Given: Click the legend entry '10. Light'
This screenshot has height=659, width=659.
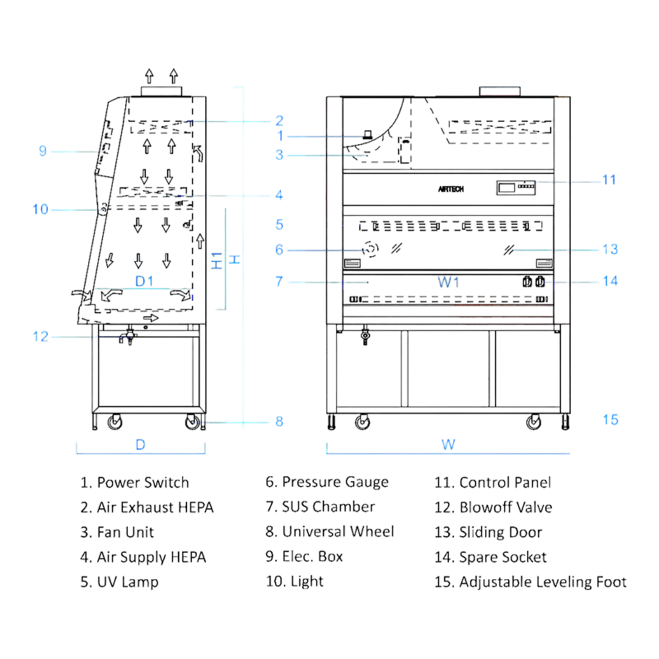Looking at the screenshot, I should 295,582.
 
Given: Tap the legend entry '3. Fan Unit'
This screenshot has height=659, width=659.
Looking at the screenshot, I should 117,533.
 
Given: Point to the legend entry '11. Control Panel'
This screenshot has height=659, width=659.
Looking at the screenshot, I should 492,483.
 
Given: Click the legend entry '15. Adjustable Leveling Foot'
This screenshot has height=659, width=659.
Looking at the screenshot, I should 531,582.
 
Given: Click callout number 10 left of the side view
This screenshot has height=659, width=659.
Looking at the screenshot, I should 40,210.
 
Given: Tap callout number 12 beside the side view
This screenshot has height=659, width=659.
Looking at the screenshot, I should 40,337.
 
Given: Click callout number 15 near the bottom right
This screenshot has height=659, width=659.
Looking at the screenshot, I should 611,421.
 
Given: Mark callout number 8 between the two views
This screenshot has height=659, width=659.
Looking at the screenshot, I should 279,421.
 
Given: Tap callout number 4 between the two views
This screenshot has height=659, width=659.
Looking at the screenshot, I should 279,195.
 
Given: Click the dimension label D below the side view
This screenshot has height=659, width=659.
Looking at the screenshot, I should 140,445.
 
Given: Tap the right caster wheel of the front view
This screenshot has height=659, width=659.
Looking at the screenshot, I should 534,423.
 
